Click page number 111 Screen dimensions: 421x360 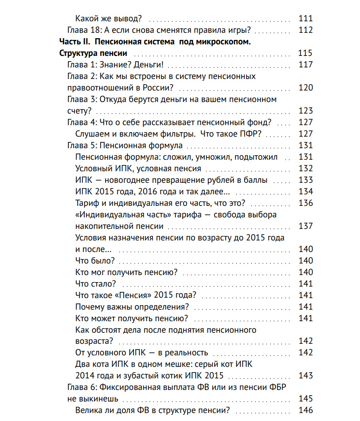pos(305,19)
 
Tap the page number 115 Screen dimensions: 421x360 pos(305,53)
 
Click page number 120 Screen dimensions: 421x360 pos(305,88)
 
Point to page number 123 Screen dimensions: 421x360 pos(305,111)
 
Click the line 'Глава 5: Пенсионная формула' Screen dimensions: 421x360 pos(125,146)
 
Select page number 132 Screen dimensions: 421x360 pos(305,169)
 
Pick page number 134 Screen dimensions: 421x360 pos(305,192)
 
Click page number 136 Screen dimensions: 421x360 pos(305,203)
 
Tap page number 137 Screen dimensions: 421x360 pos(305,226)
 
